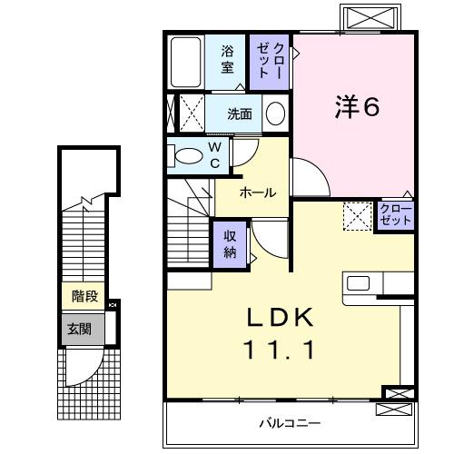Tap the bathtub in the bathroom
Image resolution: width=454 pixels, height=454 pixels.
click(x=187, y=61)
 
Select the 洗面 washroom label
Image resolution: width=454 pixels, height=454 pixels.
click(x=241, y=113)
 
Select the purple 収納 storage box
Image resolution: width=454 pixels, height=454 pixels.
click(x=230, y=242)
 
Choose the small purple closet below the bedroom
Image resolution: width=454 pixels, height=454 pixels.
click(x=396, y=215)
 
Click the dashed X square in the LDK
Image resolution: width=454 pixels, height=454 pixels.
click(x=357, y=216)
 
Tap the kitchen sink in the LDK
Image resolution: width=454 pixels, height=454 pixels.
click(x=358, y=283)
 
